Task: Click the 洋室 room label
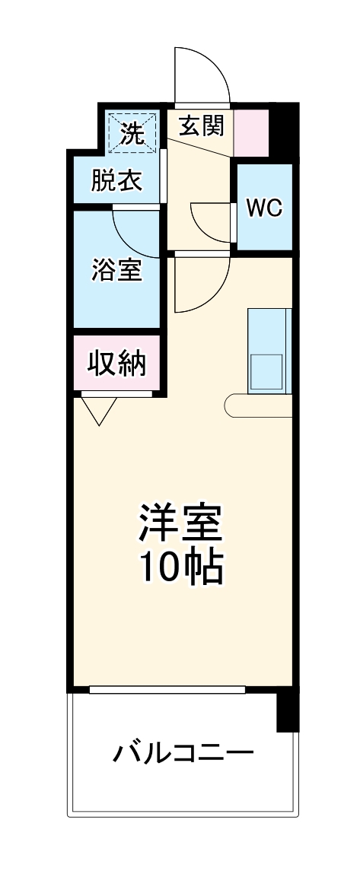180,522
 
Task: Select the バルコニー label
183,754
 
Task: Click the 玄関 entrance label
202,125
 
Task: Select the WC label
264,208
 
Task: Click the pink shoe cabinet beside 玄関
251,133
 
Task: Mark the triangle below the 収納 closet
99,411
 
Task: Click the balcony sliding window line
167,689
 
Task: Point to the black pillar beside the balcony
286,711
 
